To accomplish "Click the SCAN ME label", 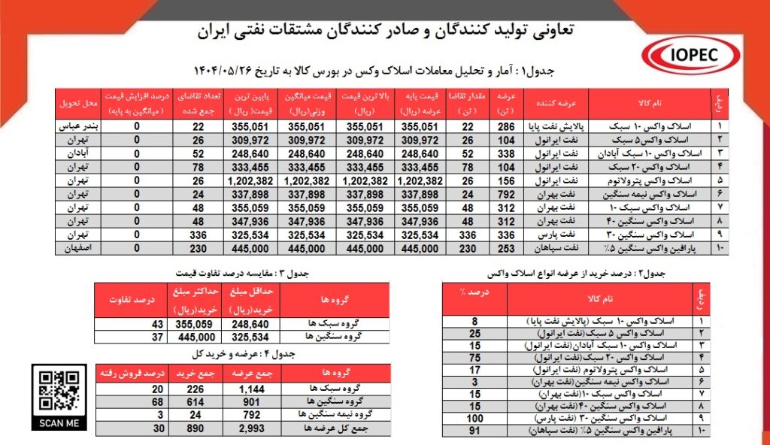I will pos(60,422).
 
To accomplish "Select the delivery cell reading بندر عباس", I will pos(79,126).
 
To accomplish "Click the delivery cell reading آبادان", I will pos(79,153).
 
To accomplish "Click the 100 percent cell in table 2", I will pos(474,417).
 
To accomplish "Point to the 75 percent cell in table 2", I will pos(474,357).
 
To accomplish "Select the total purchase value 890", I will pos(185,428).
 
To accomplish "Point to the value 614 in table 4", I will pos(185,402).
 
